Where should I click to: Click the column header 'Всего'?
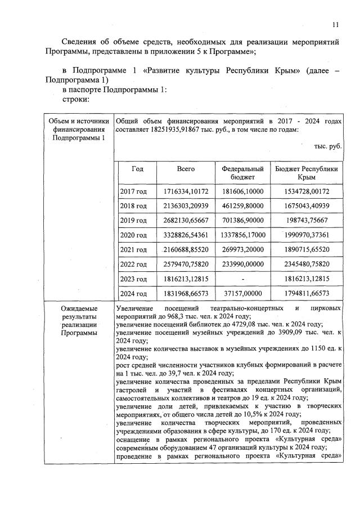tap(186, 169)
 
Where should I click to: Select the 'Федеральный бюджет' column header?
tap(242, 173)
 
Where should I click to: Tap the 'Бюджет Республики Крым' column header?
tap(307, 173)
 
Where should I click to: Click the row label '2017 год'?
tap(134, 191)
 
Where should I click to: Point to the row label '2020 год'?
tap(134, 235)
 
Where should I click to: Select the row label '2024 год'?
tap(134, 293)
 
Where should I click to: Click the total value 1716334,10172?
tap(186, 191)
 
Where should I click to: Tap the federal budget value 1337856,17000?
tap(242, 235)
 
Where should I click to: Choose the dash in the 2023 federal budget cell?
tap(242, 279)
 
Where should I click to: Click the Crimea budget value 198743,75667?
tap(307, 220)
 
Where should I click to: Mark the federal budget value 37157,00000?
tap(242, 293)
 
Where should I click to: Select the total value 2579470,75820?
tap(186, 264)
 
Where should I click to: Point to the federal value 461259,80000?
tap(242, 206)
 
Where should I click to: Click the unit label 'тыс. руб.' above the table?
tap(328, 146)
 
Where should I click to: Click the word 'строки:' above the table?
tap(76, 100)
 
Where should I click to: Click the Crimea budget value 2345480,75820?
tap(307, 264)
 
